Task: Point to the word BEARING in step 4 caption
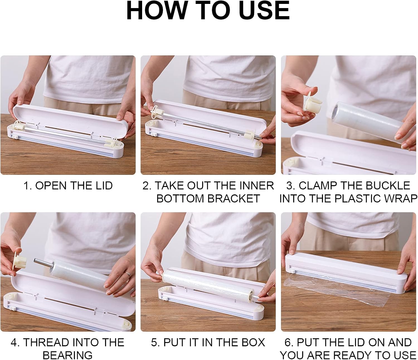click(x=68, y=355)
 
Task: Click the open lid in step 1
click(x=70, y=119)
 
